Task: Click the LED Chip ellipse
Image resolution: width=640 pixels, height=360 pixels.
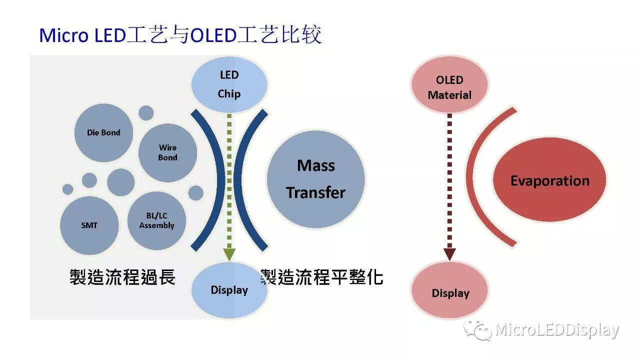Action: (229, 84)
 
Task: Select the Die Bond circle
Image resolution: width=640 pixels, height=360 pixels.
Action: (103, 132)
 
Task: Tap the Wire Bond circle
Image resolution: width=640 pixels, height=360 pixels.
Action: (167, 152)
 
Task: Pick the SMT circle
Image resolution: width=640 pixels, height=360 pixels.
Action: (89, 225)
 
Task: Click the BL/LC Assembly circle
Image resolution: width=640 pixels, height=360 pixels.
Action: (156, 220)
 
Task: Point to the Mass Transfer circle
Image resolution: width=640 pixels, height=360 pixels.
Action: (315, 178)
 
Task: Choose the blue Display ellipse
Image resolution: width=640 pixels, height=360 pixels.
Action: (229, 290)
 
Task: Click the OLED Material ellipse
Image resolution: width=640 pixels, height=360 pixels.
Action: (449, 87)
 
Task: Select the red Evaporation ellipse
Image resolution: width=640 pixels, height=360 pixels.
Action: (549, 180)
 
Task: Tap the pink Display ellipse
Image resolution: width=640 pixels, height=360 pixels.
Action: (449, 293)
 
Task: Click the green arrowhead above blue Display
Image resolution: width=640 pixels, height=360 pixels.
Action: (229, 254)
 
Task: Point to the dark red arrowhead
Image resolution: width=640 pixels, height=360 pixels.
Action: (449, 254)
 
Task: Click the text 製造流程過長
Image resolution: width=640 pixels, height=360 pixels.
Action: (122, 276)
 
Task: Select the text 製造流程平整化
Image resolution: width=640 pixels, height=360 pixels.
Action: (322, 276)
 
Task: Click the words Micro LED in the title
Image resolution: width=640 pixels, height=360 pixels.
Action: (81, 35)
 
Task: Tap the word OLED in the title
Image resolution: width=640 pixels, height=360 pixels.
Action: (214, 35)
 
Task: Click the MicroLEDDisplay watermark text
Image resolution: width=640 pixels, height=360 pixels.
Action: (557, 330)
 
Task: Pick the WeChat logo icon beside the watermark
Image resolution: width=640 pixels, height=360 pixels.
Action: (476, 330)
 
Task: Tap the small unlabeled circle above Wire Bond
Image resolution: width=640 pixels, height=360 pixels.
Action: (146, 113)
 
